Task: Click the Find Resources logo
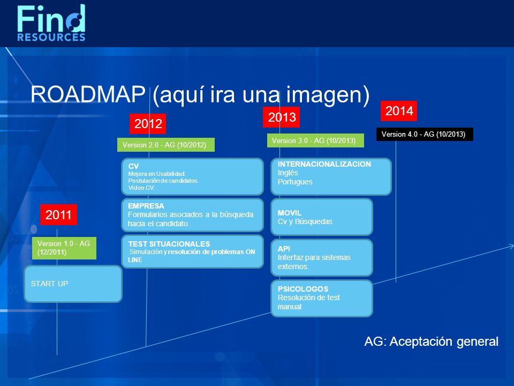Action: [51, 23]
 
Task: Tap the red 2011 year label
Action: [58, 214]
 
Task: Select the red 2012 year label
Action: [148, 124]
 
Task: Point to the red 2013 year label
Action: [281, 117]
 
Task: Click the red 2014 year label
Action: [398, 111]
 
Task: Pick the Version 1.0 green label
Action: [64, 248]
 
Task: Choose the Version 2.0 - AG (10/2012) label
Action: [166, 145]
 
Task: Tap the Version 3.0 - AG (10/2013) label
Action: [315, 140]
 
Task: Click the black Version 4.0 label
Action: [425, 134]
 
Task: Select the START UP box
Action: [73, 284]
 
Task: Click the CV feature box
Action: [192, 176]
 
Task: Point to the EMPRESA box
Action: [192, 215]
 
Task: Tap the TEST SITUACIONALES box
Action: [192, 251]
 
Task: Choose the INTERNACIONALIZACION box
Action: [331, 176]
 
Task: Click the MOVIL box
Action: [322, 217]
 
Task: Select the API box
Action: [322, 258]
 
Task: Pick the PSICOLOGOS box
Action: [322, 299]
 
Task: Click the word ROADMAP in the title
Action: [88, 94]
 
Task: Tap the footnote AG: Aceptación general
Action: [431, 342]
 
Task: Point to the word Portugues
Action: [295, 182]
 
